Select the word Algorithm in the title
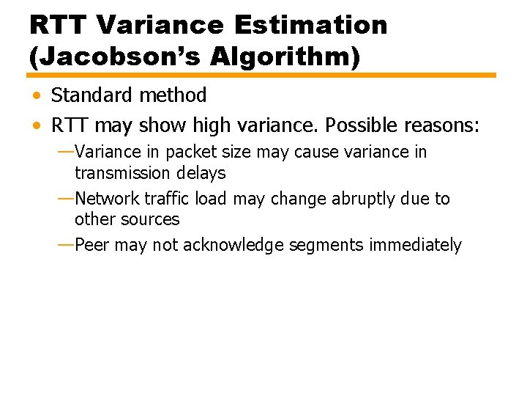pos(279,57)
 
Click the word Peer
pos(92,245)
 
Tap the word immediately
pos(415,245)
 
